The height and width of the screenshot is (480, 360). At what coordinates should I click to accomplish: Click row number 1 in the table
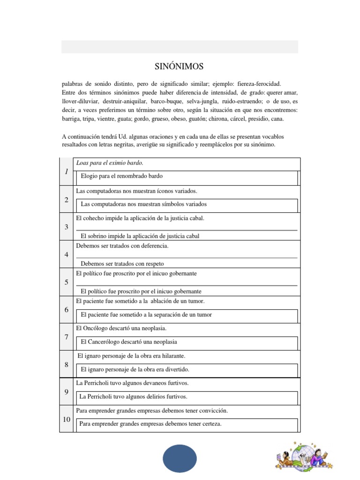pyautogui.click(x=66, y=172)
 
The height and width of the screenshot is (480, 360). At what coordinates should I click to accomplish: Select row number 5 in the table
pyautogui.click(x=66, y=282)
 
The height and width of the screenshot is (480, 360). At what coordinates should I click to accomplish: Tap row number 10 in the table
pyautogui.click(x=66, y=419)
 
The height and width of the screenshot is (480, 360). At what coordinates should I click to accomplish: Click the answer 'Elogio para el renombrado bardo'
pyautogui.click(x=121, y=176)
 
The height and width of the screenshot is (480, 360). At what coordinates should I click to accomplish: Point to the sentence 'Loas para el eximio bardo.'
pyautogui.click(x=109, y=163)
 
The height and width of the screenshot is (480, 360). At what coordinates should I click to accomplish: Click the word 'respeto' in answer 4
pyautogui.click(x=153, y=264)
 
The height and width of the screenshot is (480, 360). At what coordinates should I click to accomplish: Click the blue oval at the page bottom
pyautogui.click(x=180, y=458)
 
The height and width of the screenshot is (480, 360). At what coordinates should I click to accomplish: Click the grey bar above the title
pyautogui.click(x=180, y=47)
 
